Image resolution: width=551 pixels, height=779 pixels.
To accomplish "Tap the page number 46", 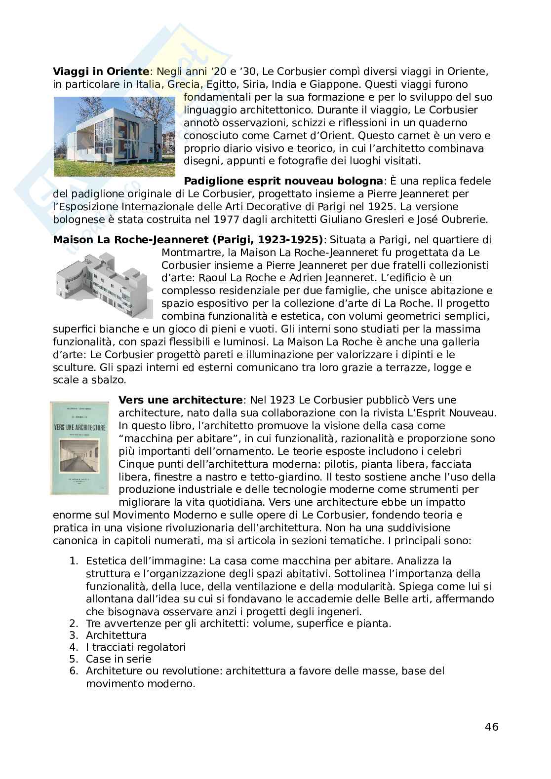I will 491,727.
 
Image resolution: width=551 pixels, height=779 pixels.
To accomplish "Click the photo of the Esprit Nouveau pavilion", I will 114,136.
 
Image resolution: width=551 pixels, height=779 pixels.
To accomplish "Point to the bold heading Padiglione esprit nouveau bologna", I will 283,181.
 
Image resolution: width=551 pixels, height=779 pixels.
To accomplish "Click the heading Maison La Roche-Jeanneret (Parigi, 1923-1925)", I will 188,240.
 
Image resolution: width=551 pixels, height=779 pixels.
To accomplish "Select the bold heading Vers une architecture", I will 181,400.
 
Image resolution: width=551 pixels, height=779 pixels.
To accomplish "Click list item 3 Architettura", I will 116,635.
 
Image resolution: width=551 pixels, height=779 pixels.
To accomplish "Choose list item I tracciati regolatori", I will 135,647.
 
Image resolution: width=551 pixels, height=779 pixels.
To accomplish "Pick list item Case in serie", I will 118,659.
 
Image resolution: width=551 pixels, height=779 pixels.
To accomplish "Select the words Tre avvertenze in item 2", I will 116,623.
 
